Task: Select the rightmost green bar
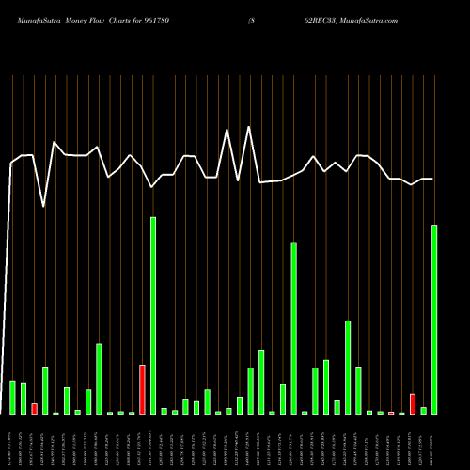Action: [434, 319]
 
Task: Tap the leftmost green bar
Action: [13, 397]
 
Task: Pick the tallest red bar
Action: [142, 389]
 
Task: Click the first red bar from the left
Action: [35, 408]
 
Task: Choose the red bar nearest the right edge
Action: [413, 403]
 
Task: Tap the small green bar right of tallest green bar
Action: [164, 411]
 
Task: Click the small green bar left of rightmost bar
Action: [423, 410]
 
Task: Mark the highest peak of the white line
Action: [248, 127]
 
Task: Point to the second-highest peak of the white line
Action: [227, 130]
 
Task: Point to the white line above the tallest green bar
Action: [153, 187]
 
